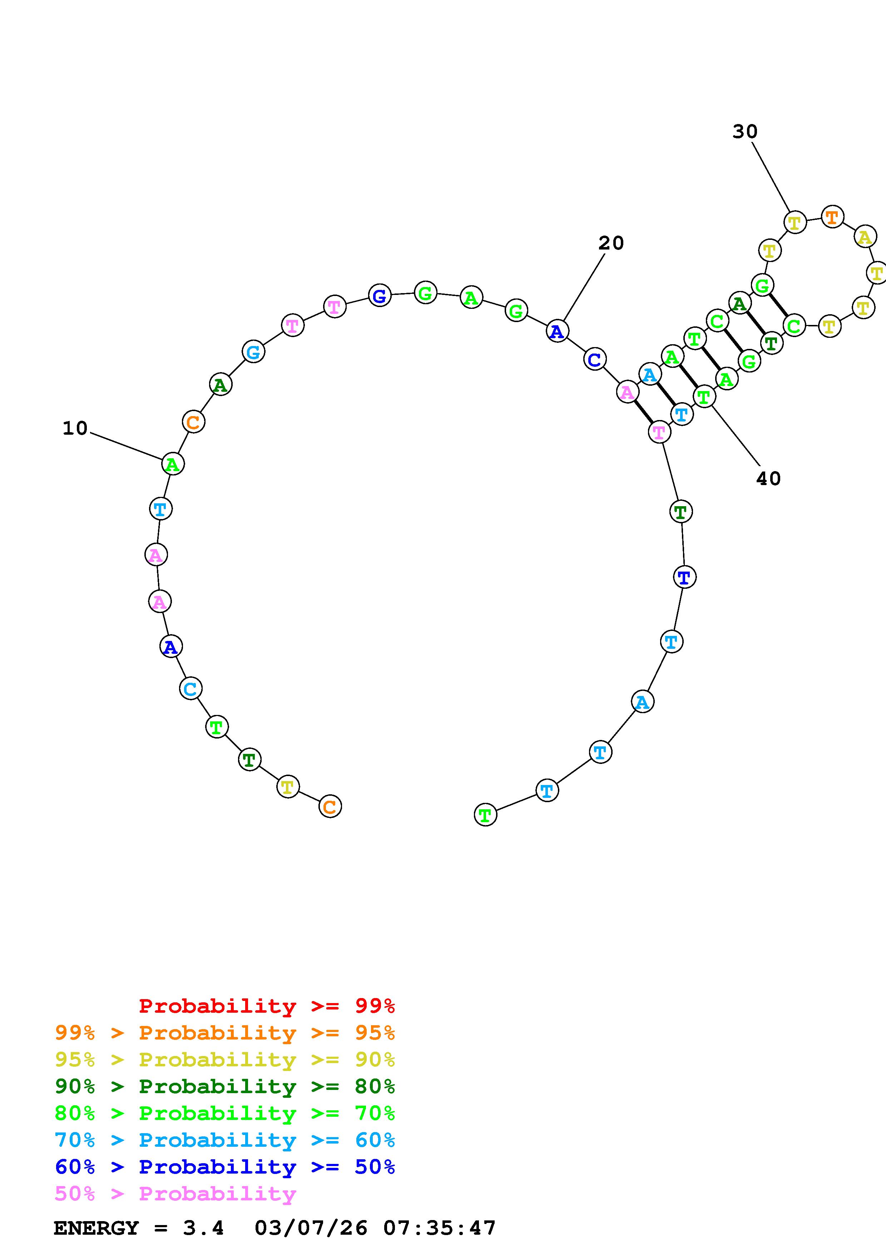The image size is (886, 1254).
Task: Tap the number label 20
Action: point(611,243)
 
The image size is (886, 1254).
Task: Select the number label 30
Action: point(745,132)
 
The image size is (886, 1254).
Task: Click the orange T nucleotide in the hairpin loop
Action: point(832,217)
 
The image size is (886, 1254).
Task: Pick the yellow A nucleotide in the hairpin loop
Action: point(865,237)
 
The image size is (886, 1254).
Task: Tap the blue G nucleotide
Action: point(380,296)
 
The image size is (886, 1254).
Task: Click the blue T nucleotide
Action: point(684,577)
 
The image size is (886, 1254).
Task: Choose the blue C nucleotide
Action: point(594,359)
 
